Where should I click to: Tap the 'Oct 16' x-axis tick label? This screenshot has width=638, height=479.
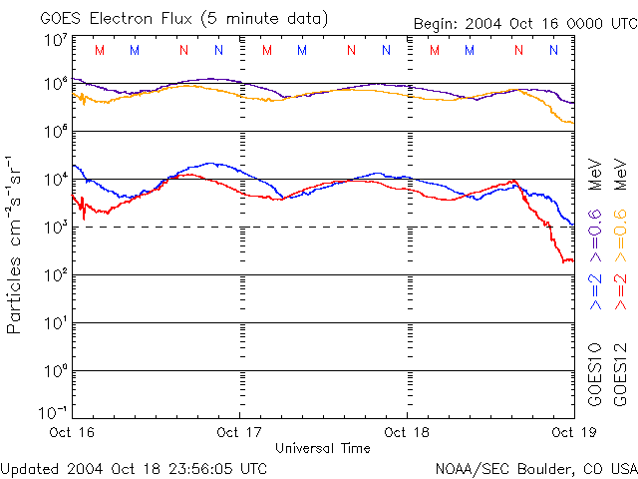71,432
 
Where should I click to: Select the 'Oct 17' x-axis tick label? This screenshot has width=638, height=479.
240,432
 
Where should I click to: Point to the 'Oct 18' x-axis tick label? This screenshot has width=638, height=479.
408,432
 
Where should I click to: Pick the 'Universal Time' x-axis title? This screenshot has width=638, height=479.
322,448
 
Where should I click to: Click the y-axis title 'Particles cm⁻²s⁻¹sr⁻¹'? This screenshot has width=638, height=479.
17,244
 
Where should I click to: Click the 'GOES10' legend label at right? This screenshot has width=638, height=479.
595,374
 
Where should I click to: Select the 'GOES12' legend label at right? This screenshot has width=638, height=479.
619,374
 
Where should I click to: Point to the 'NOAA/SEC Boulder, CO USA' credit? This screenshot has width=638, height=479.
535,468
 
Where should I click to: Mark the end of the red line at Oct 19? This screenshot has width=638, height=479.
572,261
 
